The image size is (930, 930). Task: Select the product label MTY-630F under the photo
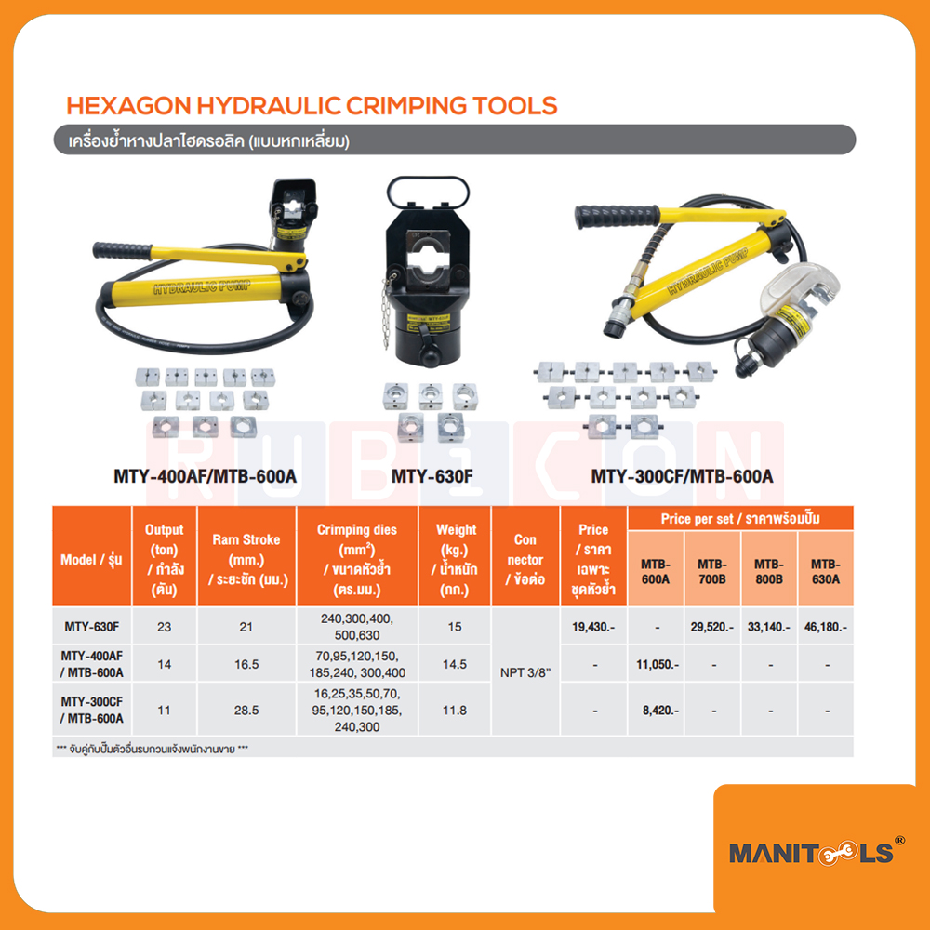(435, 477)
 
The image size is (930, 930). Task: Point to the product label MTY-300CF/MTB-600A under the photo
(682, 477)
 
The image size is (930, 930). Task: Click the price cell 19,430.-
(592, 628)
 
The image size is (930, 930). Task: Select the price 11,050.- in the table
(657, 665)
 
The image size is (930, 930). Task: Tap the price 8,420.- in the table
(657, 710)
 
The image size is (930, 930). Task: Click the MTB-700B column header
(713, 571)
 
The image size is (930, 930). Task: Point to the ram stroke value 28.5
(246, 710)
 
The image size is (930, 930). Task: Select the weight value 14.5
(454, 665)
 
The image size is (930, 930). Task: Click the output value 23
(165, 628)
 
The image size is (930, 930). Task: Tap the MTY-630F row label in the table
(91, 628)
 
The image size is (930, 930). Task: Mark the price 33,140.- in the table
(767, 628)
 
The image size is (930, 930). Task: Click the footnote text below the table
(153, 748)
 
